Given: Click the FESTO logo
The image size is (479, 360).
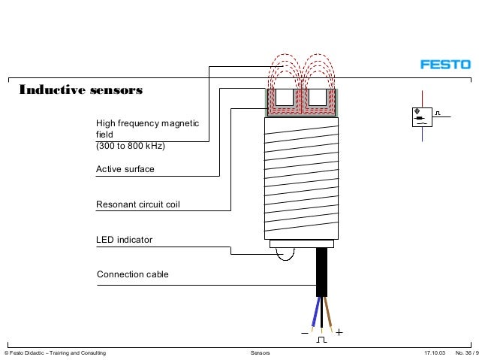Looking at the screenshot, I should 444,65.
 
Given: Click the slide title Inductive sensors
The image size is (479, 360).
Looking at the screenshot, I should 80,91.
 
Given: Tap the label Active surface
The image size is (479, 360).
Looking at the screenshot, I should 125,169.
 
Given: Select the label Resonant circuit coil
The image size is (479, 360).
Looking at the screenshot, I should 138,204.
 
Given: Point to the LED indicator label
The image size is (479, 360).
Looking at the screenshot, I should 124,240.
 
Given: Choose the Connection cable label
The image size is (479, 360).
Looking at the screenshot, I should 133,274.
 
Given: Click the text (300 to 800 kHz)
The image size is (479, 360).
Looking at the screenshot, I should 130,147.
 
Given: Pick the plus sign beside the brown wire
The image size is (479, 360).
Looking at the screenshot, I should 339,331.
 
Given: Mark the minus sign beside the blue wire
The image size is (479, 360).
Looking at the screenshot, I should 304,331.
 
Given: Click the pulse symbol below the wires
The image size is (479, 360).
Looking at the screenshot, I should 321,340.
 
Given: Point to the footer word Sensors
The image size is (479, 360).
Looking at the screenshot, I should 259,352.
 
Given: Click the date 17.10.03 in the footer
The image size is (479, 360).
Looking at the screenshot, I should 435,352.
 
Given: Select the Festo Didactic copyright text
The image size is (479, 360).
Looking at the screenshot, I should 55,352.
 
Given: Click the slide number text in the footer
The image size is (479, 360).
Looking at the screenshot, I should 466,352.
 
